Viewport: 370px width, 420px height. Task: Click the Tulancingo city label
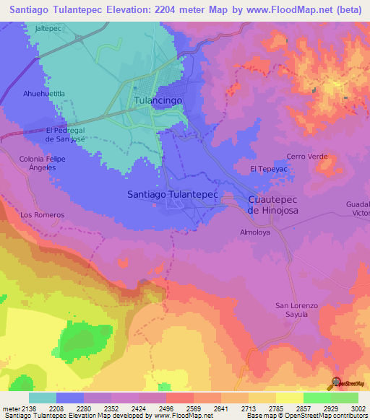(x=158, y=102)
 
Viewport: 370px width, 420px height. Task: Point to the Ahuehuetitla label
(x=44, y=94)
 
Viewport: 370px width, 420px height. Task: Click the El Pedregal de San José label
(x=66, y=134)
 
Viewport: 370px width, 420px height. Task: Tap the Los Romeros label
(x=43, y=215)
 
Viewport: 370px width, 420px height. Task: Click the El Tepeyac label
(x=264, y=168)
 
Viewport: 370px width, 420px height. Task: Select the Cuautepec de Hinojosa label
(x=272, y=204)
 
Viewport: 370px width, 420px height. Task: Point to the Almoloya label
(x=254, y=232)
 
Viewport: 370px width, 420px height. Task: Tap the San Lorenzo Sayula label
(x=296, y=310)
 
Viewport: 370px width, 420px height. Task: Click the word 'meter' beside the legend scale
(x=10, y=408)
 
